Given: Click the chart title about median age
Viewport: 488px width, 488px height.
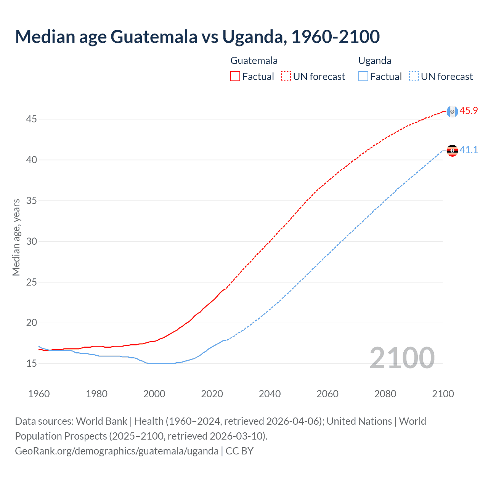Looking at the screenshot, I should click(x=197, y=37).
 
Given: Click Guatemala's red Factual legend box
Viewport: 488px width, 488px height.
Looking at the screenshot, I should click(x=235, y=76).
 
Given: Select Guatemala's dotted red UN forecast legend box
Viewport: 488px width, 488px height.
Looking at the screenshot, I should click(x=286, y=76).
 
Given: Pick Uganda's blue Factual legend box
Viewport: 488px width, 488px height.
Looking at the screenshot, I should click(x=363, y=76).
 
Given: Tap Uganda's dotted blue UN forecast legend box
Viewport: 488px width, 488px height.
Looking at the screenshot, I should click(x=414, y=76).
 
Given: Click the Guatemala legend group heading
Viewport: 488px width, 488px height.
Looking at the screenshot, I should click(x=254, y=61).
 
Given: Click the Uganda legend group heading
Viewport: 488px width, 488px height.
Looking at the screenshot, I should click(x=375, y=61).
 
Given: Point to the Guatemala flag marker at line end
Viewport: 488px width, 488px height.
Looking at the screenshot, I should click(x=452, y=111).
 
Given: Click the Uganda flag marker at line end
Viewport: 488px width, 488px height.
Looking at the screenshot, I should click(x=452, y=151).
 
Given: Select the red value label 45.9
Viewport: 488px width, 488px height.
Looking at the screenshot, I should click(x=469, y=111).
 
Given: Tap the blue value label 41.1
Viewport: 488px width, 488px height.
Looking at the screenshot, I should click(x=469, y=150).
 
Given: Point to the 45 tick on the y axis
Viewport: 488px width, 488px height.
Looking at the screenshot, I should click(x=31, y=119).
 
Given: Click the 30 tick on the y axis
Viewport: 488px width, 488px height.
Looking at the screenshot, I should click(x=31, y=241).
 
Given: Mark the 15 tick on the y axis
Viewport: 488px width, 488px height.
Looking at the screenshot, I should click(x=31, y=364).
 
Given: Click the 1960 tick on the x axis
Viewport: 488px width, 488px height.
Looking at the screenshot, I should click(x=39, y=394).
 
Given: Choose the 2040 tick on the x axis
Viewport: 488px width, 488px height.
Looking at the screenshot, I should click(x=270, y=394).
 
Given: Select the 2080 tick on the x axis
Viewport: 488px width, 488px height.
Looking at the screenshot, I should click(x=385, y=394).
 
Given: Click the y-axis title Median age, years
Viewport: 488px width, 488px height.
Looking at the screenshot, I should click(x=16, y=237).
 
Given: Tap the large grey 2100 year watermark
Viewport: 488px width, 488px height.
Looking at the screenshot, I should click(x=402, y=358).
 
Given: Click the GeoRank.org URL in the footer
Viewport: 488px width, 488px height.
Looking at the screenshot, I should click(x=117, y=451).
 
